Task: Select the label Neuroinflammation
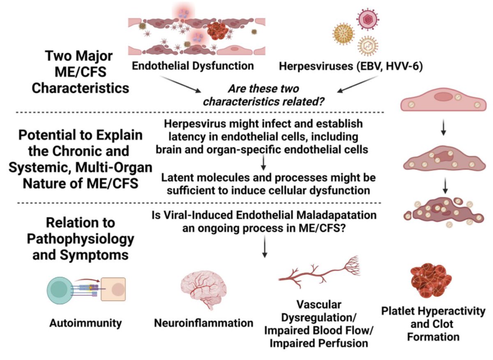(x=204, y=323)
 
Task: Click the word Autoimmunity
(x=85, y=323)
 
